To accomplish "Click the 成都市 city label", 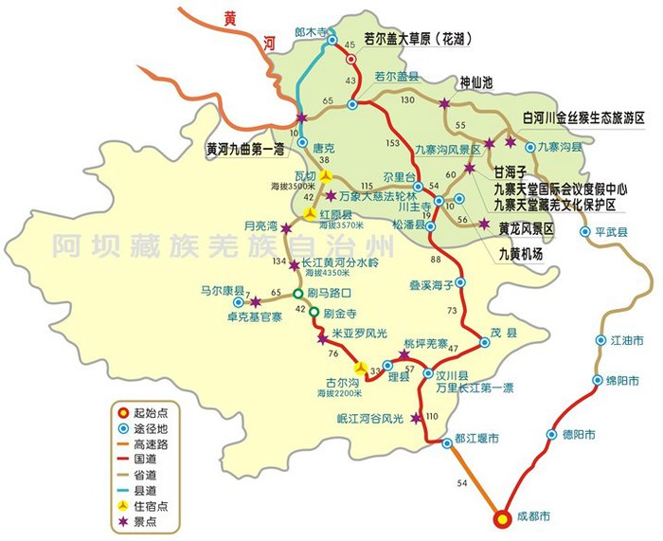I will [532, 518].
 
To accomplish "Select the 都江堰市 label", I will [475, 438].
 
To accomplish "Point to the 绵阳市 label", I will [621, 381].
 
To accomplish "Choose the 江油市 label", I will [625, 339].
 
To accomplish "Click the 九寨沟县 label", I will [561, 148].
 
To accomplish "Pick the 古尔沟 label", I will [331, 382].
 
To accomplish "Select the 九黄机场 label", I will [521, 254].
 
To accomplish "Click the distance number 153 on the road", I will [392, 143].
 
